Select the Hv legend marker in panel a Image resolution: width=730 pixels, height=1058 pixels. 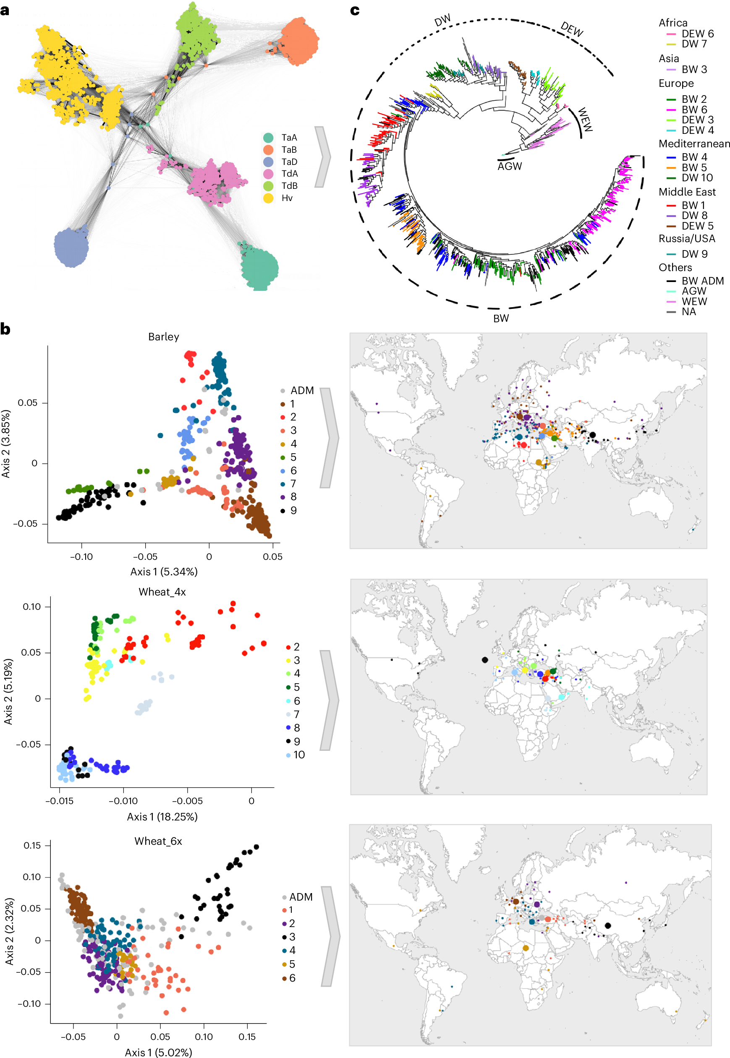tap(268, 198)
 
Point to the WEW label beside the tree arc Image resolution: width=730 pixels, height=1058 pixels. tap(585, 120)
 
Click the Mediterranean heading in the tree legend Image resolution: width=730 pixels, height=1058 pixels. tap(694, 144)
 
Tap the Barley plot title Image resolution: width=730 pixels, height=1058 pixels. tap(163, 337)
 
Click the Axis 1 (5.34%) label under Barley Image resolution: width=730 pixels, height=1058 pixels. tap(164, 572)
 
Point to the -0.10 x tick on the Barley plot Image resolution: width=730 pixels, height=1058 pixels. tap(81, 557)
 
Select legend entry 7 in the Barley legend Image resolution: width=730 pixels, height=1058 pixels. tap(293, 483)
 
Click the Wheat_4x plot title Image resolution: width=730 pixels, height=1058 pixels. tap(162, 592)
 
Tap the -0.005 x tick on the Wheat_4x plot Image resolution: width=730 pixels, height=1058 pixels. tap(187, 801)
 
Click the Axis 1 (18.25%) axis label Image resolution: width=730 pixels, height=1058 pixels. tap(162, 816)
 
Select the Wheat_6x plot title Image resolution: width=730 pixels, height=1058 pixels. tap(158, 841)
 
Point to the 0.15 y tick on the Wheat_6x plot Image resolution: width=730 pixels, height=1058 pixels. tap(32, 845)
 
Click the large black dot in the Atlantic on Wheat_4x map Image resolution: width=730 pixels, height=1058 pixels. tap(485, 659)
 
